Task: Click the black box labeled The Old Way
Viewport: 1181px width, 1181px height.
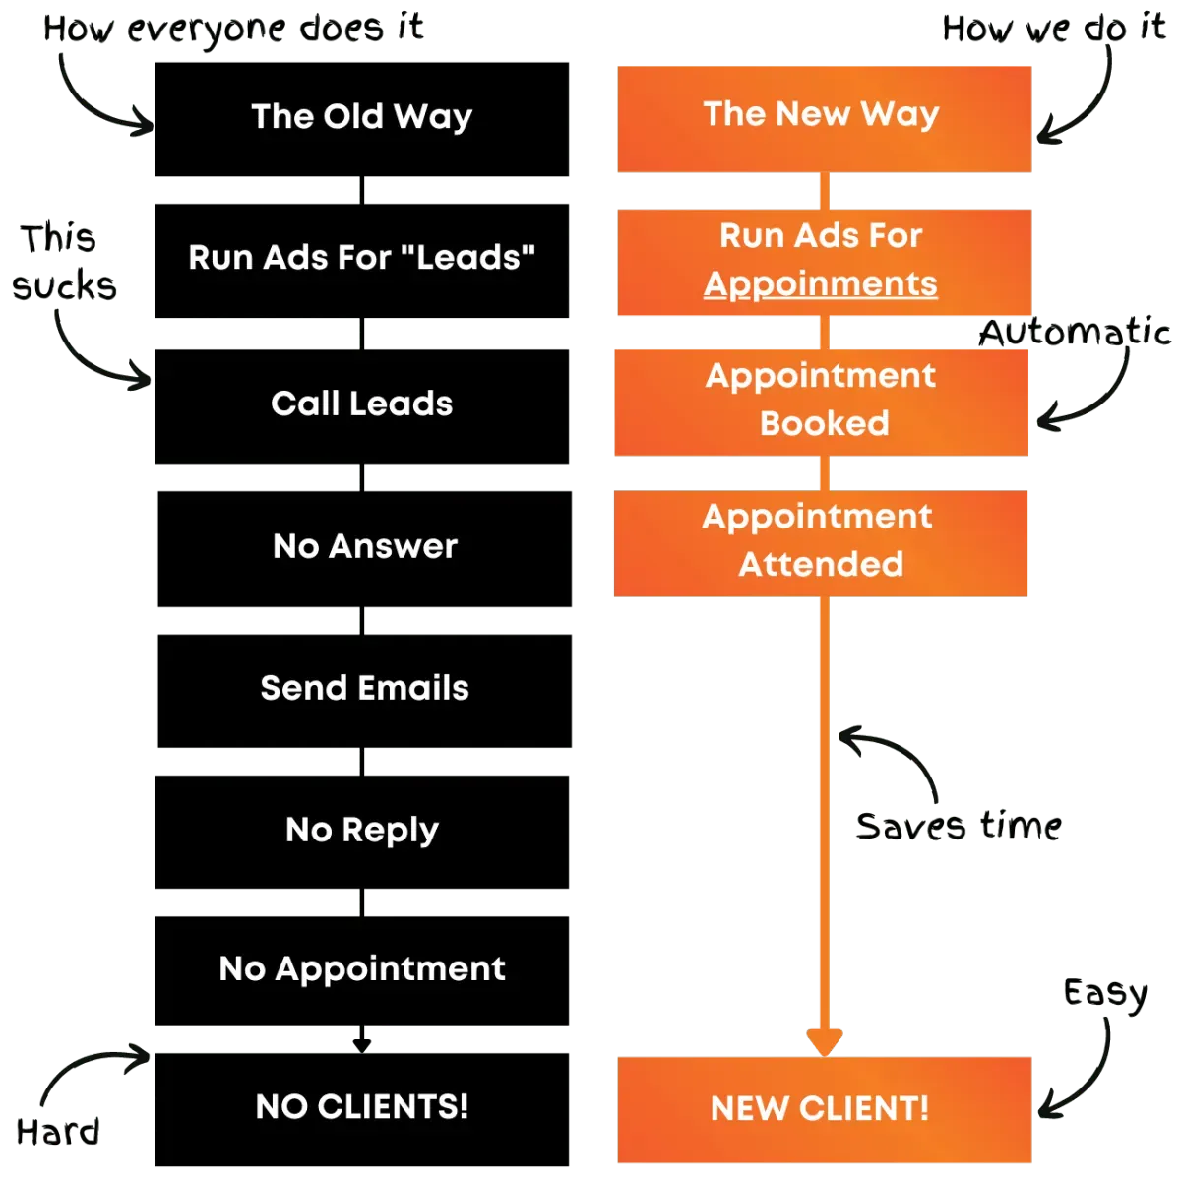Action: click(x=361, y=119)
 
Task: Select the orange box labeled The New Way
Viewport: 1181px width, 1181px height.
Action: click(x=825, y=119)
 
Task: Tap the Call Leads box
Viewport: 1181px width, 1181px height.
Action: click(x=361, y=406)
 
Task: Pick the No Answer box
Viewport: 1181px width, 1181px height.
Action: click(x=365, y=548)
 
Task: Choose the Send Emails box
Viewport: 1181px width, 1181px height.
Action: click(x=365, y=691)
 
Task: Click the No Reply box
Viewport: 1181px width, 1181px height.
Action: click(x=361, y=832)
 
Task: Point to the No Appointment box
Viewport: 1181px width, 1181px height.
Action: click(x=361, y=970)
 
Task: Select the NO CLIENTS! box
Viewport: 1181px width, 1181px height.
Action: click(x=361, y=1109)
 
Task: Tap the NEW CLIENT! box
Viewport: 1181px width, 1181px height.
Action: click(x=825, y=1109)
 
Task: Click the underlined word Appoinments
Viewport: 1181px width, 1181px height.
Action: click(x=820, y=284)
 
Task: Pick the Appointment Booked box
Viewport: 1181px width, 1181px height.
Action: click(x=821, y=403)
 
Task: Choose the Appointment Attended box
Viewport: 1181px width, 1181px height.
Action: click(x=821, y=543)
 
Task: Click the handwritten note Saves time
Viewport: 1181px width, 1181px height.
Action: click(x=959, y=825)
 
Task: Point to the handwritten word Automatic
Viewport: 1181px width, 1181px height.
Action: click(x=1075, y=332)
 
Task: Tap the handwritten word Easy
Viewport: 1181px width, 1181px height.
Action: click(x=1105, y=993)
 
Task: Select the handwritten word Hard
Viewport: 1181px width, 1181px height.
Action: click(x=58, y=1131)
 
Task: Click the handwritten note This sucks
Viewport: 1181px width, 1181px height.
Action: click(x=64, y=263)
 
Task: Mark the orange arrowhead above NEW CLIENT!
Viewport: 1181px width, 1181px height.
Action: click(x=825, y=1042)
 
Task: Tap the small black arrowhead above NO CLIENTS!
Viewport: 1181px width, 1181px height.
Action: click(x=361, y=1046)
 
